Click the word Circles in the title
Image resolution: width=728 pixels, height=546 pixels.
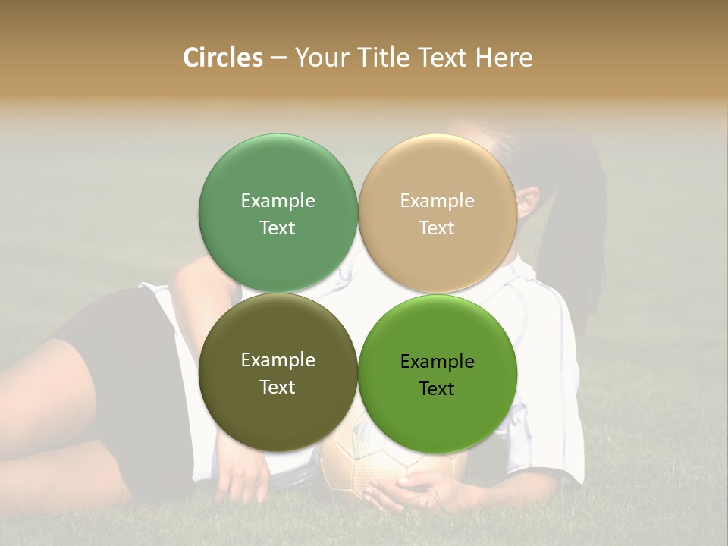[x=223, y=58]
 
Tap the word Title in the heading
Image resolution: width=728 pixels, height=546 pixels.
[x=386, y=58]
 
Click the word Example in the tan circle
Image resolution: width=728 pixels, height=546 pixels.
[x=438, y=200]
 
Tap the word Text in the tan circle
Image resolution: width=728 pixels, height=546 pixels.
[x=438, y=227]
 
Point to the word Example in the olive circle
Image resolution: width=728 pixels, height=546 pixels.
[x=278, y=359]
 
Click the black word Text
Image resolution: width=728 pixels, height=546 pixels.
[x=437, y=388]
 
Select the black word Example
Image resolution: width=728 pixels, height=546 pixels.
[x=438, y=361]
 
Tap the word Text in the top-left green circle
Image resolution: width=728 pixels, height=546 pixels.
[x=278, y=227]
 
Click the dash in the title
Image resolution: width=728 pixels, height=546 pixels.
[x=278, y=58]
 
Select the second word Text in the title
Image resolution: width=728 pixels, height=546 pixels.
[x=444, y=58]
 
